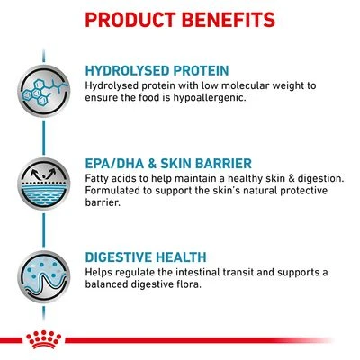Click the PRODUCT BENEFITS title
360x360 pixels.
click(180, 19)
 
